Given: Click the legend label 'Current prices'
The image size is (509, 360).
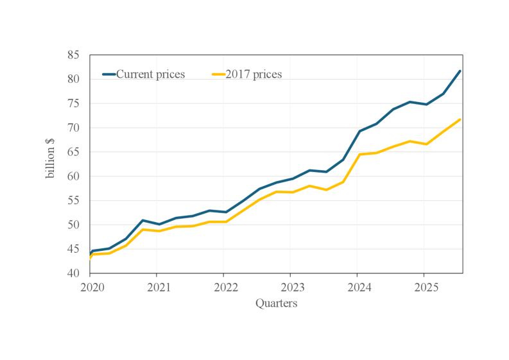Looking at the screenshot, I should click(x=150, y=74).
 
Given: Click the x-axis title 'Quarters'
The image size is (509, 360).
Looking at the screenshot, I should click(x=276, y=304).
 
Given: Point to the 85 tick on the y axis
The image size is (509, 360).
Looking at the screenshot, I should click(x=73, y=55).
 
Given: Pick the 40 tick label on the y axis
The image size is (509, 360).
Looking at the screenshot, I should click(x=73, y=273).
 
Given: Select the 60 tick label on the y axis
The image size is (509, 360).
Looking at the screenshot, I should click(x=73, y=176).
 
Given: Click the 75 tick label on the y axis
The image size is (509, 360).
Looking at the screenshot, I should click(x=73, y=103).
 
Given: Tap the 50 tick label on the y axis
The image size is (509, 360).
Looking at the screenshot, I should click(x=73, y=225).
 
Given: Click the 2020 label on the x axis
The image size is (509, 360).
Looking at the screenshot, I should click(x=90, y=286).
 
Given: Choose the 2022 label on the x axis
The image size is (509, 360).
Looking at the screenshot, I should click(x=223, y=286).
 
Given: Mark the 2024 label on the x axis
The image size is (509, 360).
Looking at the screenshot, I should click(x=357, y=286).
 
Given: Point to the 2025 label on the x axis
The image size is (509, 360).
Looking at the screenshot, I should click(x=424, y=286).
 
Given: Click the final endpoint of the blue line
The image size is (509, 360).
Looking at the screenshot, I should click(x=460, y=71).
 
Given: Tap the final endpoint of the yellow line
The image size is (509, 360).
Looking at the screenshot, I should click(x=460, y=119).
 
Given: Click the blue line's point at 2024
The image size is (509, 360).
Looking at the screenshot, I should click(x=359, y=131).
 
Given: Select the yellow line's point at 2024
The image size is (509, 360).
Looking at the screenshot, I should click(x=359, y=154).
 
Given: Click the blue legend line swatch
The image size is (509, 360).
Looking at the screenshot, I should click(x=108, y=74).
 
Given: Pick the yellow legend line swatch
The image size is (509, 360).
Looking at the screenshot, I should click(x=219, y=74).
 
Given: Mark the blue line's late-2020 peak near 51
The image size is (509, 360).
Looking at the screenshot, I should click(x=142, y=220).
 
